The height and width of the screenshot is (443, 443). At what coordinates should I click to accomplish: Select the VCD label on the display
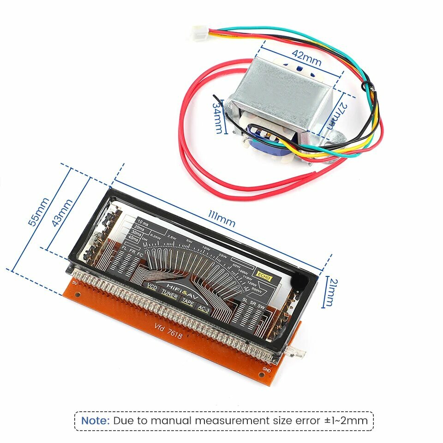coord(152,287)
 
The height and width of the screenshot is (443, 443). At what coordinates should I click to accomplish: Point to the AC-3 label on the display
coord(204,309)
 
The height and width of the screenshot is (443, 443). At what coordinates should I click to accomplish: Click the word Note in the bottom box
coord(96,420)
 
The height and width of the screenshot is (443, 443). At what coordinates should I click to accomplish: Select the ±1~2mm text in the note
coord(346,420)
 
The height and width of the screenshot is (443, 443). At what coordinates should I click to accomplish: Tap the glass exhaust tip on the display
coord(299,354)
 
